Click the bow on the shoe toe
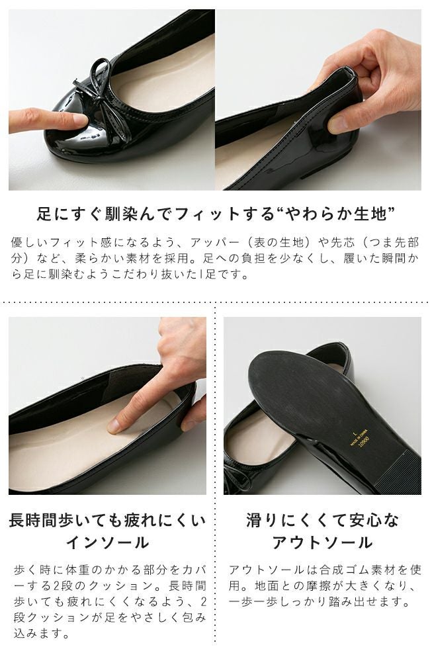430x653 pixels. [x=99, y=96]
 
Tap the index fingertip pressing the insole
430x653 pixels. [x=114, y=425]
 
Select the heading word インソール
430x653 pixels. [x=107, y=543]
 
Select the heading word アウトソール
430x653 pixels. [x=322, y=543]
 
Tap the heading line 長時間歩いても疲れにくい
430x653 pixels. [x=107, y=520]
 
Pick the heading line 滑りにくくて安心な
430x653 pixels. [x=322, y=520]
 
